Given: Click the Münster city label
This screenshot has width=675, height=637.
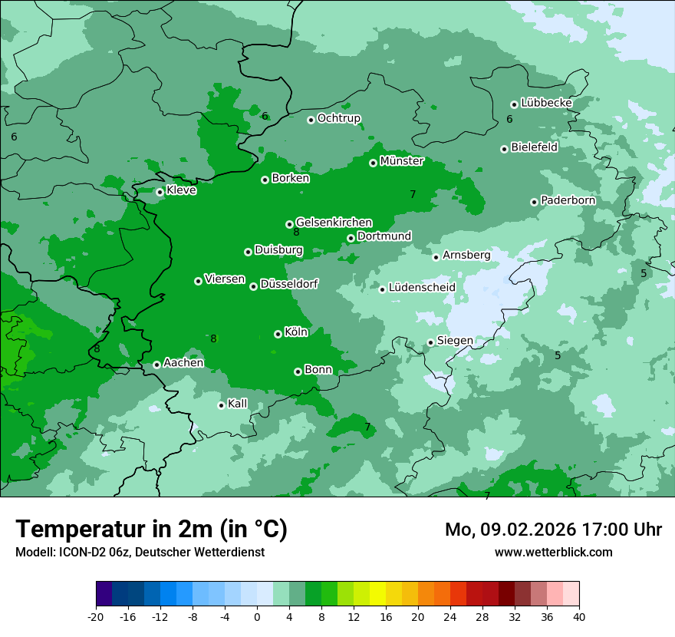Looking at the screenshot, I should (x=401, y=161).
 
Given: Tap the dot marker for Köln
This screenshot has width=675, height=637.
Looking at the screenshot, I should (x=278, y=334).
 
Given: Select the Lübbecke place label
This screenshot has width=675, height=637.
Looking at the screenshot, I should (x=546, y=103).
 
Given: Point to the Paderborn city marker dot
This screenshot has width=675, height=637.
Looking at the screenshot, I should (x=534, y=202).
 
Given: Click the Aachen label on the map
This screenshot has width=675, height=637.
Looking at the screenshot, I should (x=183, y=362).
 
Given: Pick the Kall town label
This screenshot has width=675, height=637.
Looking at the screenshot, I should (x=238, y=404).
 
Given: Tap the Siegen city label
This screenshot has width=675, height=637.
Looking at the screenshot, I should (x=455, y=341).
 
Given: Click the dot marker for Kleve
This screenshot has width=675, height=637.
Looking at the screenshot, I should (x=160, y=192).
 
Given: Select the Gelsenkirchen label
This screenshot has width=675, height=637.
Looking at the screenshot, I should (x=334, y=223).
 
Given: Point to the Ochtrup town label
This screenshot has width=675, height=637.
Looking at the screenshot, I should (x=338, y=118).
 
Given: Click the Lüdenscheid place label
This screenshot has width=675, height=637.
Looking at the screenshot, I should (x=422, y=288).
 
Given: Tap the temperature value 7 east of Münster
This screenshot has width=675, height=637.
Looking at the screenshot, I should (x=413, y=194).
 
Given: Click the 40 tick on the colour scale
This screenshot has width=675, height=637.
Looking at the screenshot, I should (x=579, y=616).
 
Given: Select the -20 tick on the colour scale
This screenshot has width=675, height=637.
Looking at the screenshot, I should (x=96, y=616).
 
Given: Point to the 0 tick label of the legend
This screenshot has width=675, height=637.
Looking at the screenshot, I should (x=257, y=616).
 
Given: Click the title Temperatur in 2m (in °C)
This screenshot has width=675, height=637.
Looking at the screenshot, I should (x=151, y=529).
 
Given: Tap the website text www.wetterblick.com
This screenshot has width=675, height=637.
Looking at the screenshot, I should (x=553, y=552).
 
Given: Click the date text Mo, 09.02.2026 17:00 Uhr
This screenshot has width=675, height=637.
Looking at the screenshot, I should (x=553, y=530).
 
